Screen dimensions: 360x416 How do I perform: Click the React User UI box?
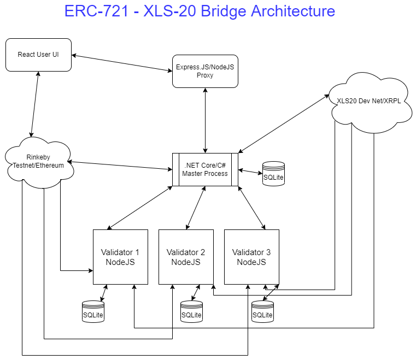click(38, 55)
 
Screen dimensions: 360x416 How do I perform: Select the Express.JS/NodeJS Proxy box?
click(205, 71)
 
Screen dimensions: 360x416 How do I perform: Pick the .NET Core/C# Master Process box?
click(205, 169)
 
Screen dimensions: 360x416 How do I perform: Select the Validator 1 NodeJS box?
click(120, 257)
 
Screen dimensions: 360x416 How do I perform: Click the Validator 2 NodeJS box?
click(186, 257)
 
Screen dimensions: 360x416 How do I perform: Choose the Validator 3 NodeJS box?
click(251, 257)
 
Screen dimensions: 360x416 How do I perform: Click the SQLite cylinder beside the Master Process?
click(273, 174)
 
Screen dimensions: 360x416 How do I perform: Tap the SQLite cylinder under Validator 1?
click(93, 311)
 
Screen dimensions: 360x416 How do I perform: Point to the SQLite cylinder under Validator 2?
click(191, 311)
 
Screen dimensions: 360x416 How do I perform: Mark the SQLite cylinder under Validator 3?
click(262, 311)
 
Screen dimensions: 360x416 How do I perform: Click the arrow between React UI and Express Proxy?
click(122, 63)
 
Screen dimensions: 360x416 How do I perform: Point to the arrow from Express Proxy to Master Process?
click(205, 120)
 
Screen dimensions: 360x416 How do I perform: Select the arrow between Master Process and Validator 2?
click(196, 208)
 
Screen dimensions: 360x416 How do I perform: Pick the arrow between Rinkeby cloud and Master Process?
click(120, 166)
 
